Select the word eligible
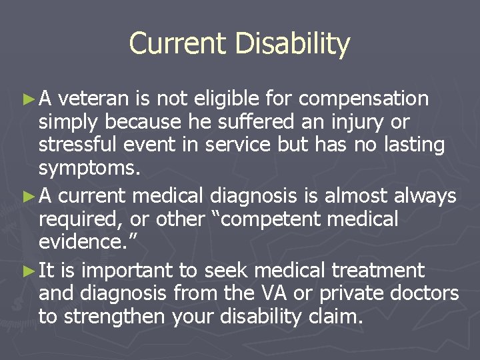coord(224,99)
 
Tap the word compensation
coord(363,99)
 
